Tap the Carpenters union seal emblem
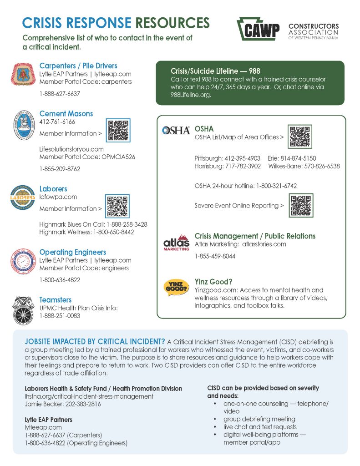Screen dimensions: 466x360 [x=23, y=74]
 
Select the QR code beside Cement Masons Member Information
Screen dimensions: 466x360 [x=118, y=130]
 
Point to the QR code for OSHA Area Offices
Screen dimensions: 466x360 [x=300, y=137]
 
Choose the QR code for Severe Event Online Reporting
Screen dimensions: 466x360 [x=301, y=205]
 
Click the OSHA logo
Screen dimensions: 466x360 [x=176, y=131]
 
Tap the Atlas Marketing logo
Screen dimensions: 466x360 [x=176, y=242]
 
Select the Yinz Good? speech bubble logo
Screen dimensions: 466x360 [x=176, y=288]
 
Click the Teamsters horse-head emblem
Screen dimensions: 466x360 [x=23, y=309]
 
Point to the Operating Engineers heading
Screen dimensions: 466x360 [x=73, y=252]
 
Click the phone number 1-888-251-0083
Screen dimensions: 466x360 [x=60, y=315]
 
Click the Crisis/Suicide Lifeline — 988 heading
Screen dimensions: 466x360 [x=215, y=71]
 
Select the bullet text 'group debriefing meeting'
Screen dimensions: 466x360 [x=259, y=419]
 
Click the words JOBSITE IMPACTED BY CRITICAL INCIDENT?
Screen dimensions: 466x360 [x=95, y=342]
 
